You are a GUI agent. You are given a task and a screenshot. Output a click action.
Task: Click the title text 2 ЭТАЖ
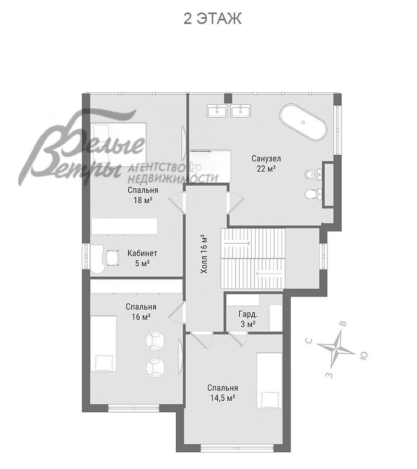212,19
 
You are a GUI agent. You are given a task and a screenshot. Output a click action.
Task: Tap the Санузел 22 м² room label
266,163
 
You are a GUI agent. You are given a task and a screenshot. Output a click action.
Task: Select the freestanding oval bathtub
303,122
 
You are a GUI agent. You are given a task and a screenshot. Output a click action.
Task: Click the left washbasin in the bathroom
217,111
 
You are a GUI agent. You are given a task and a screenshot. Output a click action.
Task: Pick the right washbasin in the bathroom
241,111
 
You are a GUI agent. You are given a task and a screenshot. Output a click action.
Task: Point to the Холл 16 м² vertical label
204,254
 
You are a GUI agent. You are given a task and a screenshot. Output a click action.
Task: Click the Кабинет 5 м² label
142,258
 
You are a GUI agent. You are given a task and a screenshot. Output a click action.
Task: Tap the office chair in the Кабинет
112,257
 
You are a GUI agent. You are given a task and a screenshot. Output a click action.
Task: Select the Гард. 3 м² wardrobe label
248,319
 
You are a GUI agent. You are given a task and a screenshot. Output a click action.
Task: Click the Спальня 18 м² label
143,195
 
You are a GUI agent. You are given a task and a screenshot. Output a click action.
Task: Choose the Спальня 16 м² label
141,312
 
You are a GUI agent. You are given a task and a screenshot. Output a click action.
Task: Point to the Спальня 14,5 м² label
223,393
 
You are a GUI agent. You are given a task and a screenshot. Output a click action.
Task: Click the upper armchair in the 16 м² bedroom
155,340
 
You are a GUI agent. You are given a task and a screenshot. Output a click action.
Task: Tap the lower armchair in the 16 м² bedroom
155,367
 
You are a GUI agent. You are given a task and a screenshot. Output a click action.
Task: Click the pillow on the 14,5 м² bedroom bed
271,400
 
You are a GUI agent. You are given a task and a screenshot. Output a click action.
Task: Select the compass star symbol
337,348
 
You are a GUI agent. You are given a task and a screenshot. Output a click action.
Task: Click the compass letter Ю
363,355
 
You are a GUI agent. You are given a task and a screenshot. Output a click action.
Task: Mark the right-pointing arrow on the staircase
236,243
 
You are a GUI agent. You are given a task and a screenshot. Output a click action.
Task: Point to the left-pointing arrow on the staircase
269,273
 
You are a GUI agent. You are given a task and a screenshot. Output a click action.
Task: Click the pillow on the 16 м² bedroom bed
104,363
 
